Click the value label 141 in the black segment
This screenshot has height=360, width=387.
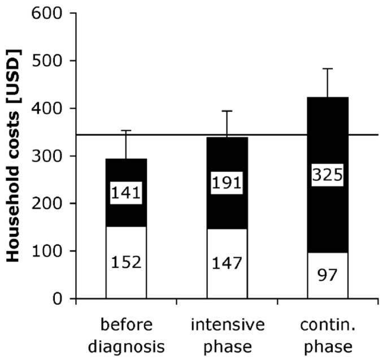pyautogui.click(x=126, y=193)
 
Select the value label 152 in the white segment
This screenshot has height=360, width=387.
pyautogui.click(x=126, y=263)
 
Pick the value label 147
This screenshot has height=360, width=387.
pyautogui.click(x=227, y=263)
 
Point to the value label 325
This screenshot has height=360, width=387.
pyautogui.click(x=328, y=176)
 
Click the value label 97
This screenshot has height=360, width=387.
pyautogui.click(x=328, y=276)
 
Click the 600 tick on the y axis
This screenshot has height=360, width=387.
pyautogui.click(x=51, y=13)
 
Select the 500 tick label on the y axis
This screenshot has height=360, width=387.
pyautogui.click(x=51, y=60)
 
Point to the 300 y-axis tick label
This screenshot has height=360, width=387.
pyautogui.click(x=51, y=156)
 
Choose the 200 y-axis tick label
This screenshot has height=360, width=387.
pyautogui.click(x=51, y=203)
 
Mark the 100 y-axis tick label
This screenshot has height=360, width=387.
pyautogui.click(x=51, y=251)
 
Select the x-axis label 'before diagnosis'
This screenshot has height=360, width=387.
pyautogui.click(x=126, y=336)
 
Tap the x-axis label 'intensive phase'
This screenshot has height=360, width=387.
pyautogui.click(x=227, y=336)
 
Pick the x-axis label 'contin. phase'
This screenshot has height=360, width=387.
pyautogui.click(x=328, y=336)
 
